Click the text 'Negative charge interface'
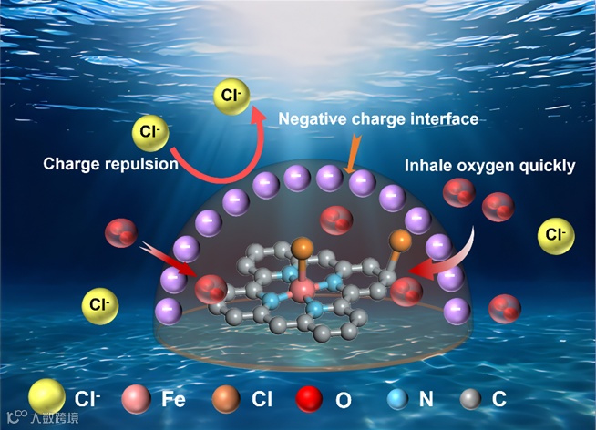pyautogui.click(x=377, y=119)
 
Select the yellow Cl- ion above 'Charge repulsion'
pyautogui.click(x=150, y=132)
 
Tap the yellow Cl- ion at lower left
pyautogui.click(x=99, y=303)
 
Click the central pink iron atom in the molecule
pyautogui.click(x=300, y=290)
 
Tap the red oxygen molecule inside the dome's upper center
pyautogui.click(x=333, y=220)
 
